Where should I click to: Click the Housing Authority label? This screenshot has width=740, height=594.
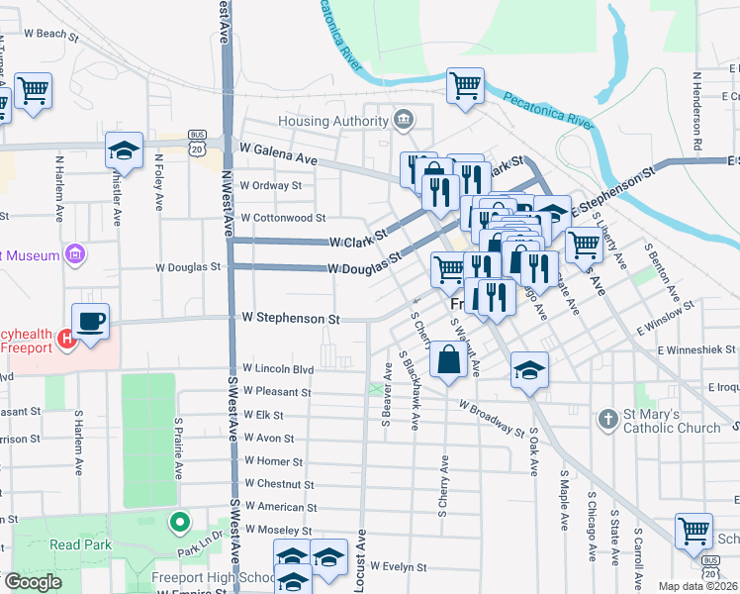point(331,121)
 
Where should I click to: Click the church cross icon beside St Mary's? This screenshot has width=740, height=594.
point(607,419)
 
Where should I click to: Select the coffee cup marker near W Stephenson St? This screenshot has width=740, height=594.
point(90,322)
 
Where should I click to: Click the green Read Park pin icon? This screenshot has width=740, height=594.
point(179,521)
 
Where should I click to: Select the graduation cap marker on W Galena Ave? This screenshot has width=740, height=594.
point(124,150)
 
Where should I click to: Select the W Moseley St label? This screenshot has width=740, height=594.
point(279,531)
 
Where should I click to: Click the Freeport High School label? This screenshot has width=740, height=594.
point(213,578)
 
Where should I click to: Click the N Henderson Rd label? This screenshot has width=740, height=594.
point(696,110)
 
